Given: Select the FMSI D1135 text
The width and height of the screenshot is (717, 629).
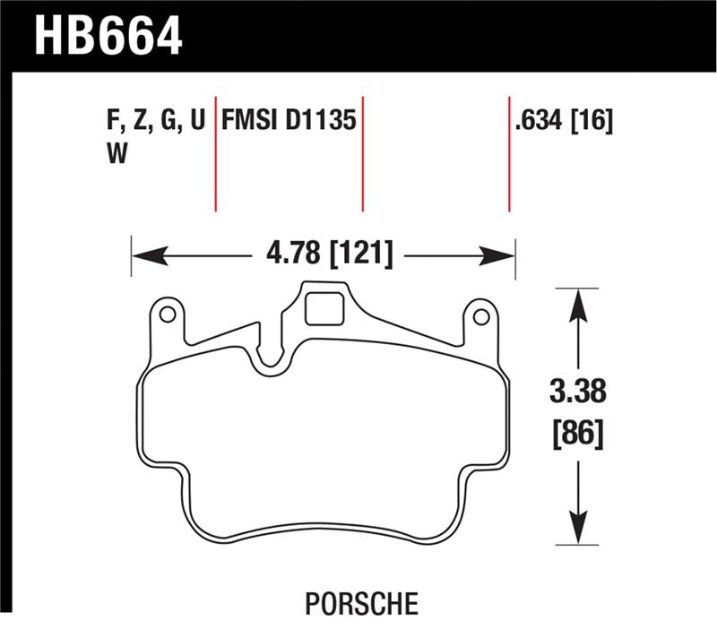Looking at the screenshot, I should (289, 121).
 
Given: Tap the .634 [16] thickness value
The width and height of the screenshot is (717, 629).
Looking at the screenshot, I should (564, 121).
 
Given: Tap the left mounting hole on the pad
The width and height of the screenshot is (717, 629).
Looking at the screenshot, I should (166, 314).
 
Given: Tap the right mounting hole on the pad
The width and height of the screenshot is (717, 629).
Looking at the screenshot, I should (480, 316).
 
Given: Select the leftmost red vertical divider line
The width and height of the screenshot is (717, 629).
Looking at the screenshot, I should (216, 152).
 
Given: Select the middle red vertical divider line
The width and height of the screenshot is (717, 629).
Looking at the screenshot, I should (362, 152).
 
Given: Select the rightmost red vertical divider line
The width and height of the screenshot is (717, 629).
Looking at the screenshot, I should (509, 152).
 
